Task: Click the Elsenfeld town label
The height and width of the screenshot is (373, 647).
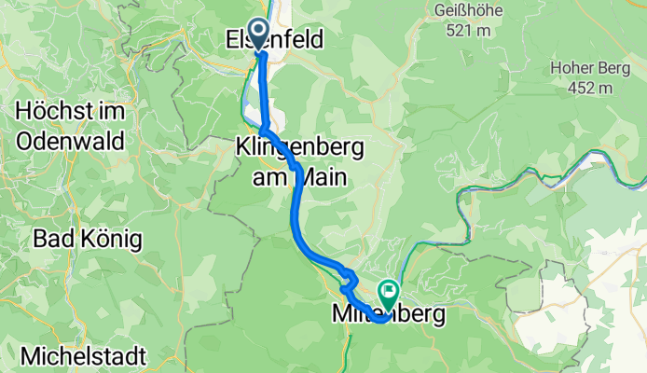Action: click(x=274, y=40)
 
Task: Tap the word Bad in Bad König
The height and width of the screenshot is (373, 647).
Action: click(x=52, y=239)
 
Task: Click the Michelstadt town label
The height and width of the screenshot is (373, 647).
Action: click(x=82, y=356)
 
